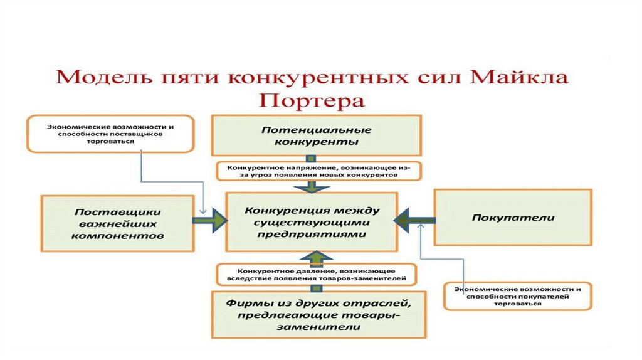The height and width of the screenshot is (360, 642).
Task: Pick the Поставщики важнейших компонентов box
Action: point(117,223)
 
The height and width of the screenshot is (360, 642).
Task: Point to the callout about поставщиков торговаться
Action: point(109,134)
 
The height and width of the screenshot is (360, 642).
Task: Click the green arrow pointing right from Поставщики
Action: point(210,220)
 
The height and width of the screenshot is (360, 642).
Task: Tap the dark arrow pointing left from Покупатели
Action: point(414,219)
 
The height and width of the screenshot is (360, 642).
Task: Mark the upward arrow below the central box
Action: point(318,256)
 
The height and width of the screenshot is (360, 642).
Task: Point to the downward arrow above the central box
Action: point(318,187)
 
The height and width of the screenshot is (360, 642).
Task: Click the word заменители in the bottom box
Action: point(316,327)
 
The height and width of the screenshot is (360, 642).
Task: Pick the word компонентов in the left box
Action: point(117,236)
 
